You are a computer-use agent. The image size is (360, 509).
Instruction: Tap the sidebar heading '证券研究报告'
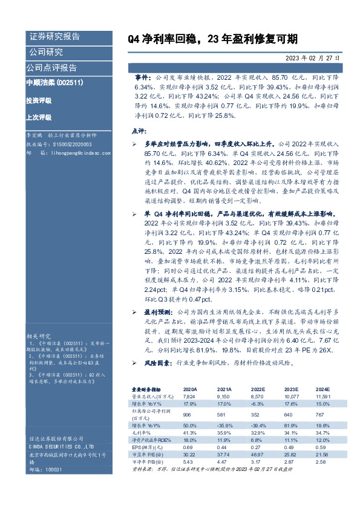click(x=54, y=36)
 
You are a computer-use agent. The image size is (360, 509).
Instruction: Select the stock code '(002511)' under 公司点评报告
click(x=70, y=82)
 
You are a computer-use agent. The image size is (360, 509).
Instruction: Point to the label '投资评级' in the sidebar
click(x=39, y=100)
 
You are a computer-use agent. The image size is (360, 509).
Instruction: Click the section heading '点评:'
click(x=139, y=131)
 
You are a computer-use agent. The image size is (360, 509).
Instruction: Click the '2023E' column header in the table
click(x=291, y=389)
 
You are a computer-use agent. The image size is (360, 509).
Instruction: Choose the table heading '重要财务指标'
click(x=147, y=389)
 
